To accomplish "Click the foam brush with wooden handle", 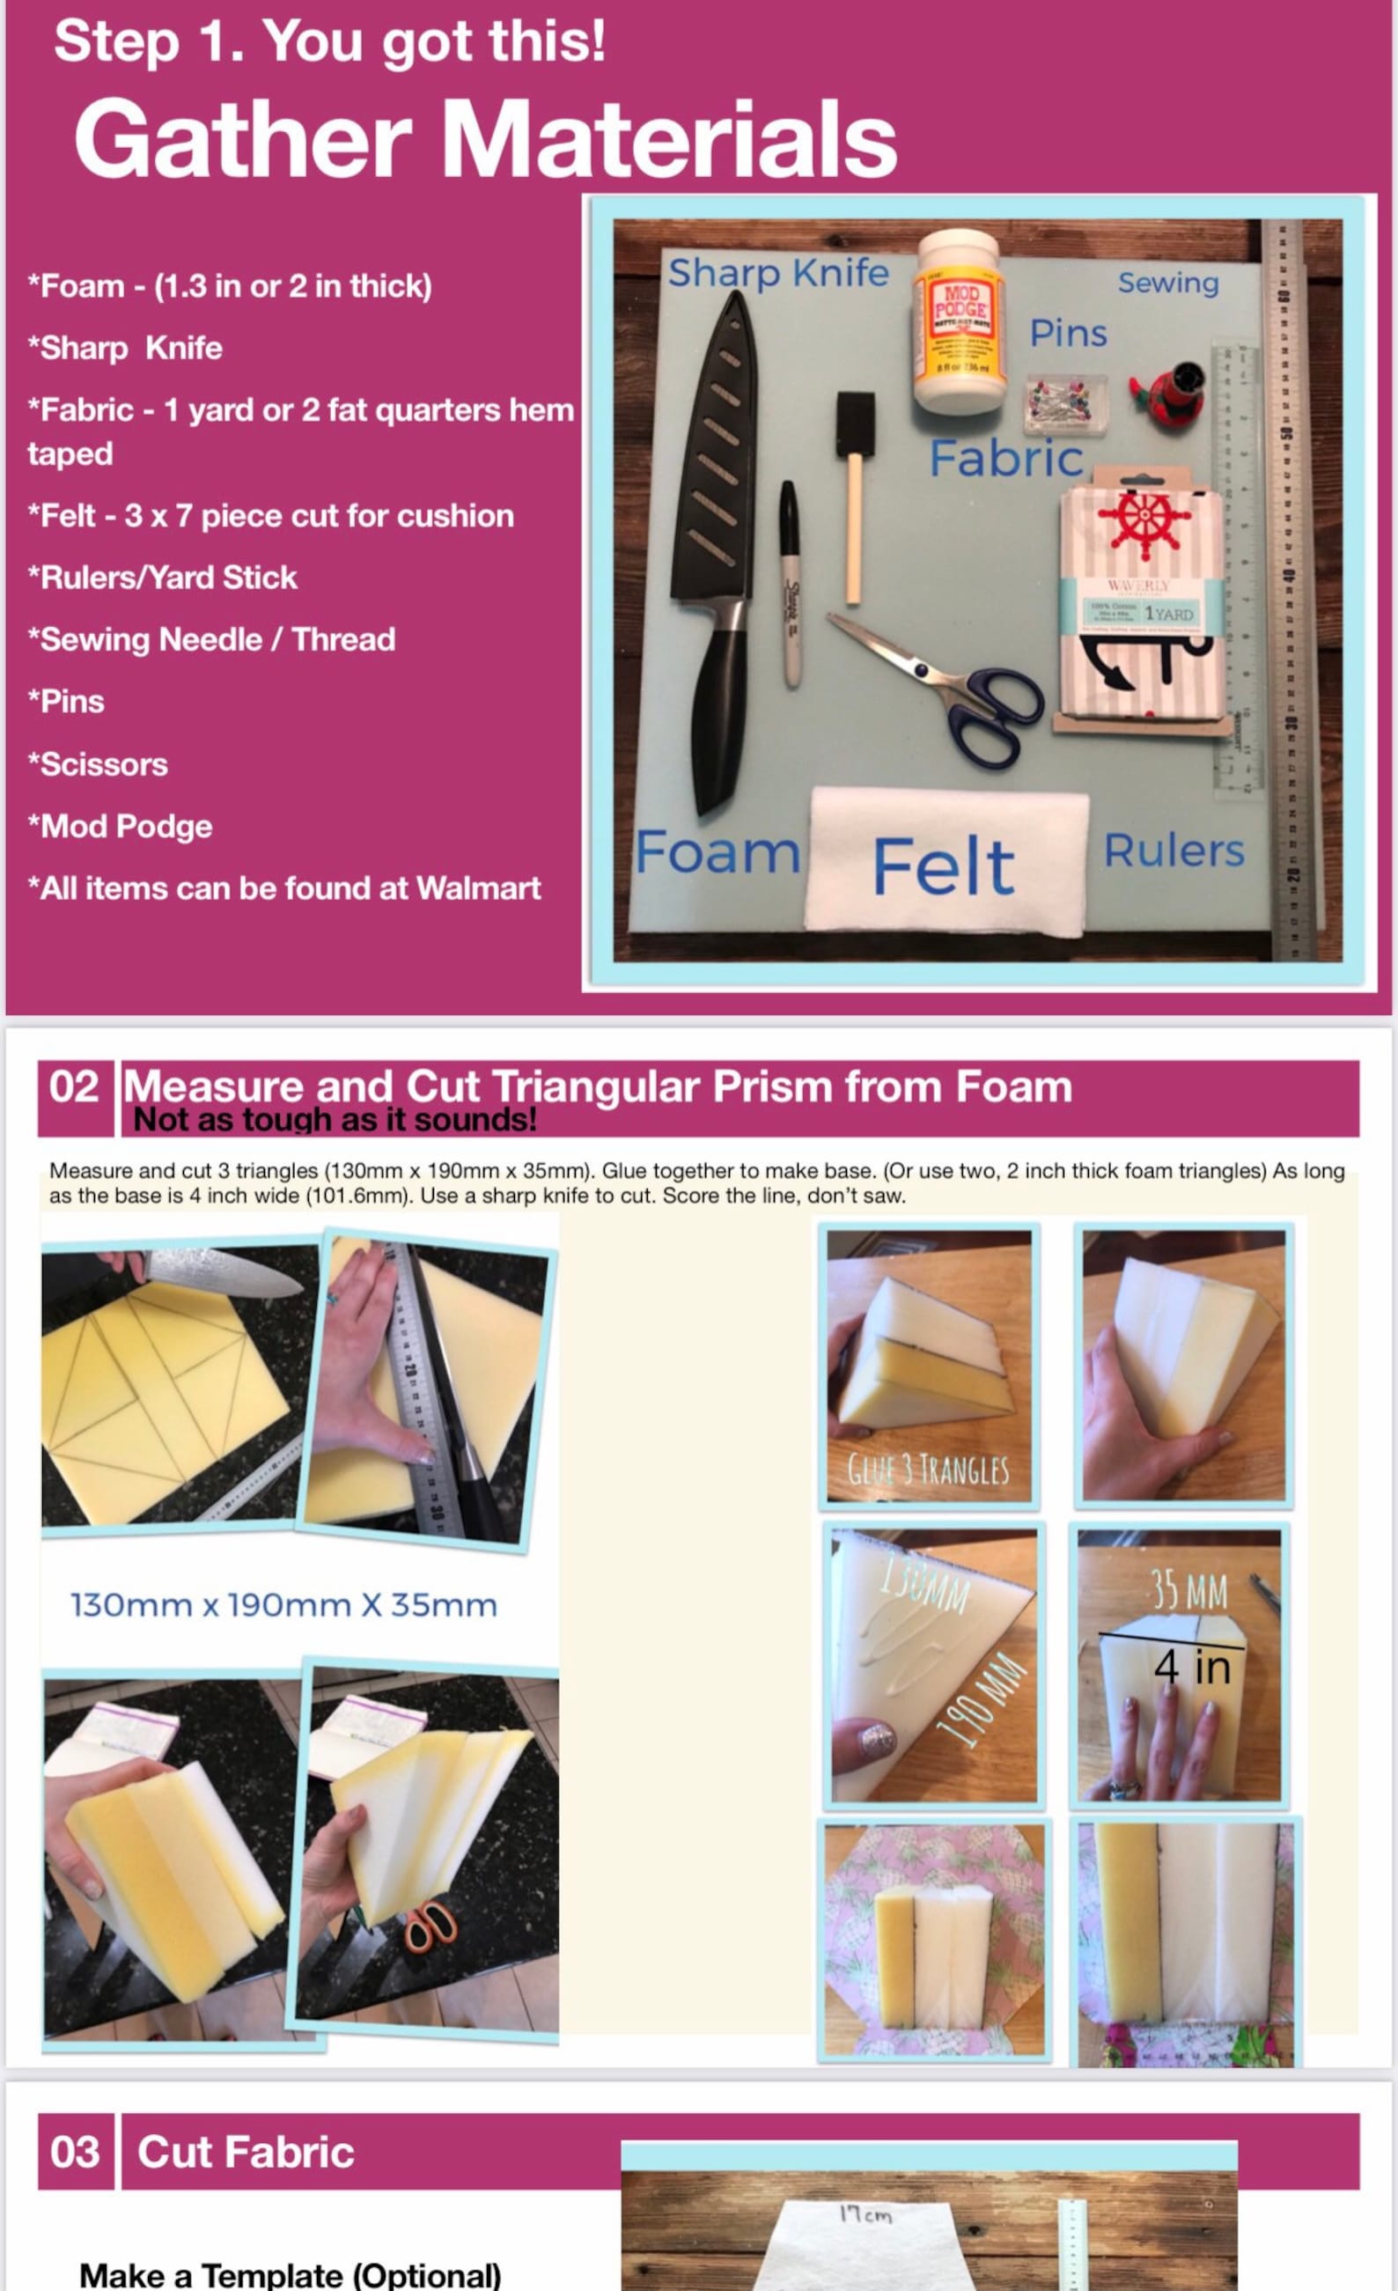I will (x=854, y=493).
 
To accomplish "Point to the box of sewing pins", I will (x=1065, y=403).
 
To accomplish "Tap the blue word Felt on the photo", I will (x=943, y=866).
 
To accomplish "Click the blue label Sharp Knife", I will (x=778, y=272).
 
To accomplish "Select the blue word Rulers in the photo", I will (x=1173, y=850).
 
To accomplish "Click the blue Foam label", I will (x=717, y=851).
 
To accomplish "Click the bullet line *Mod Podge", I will (x=120, y=826).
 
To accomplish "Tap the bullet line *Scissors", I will (x=98, y=763).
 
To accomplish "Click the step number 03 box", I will (x=74, y=2152).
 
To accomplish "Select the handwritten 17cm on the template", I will (x=865, y=2214).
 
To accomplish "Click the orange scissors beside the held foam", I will (x=430, y=1926).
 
